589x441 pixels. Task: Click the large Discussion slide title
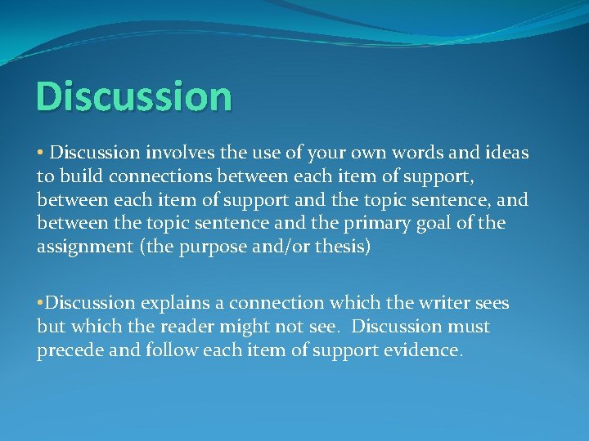[x=134, y=96]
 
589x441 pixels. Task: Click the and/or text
[x=278, y=247]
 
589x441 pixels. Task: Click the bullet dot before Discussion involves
[x=40, y=153]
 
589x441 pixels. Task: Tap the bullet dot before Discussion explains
[x=40, y=303]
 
